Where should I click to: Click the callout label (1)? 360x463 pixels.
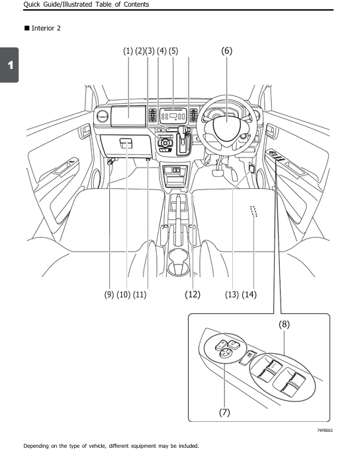point(128,51)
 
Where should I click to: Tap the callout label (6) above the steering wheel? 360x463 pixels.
point(226,51)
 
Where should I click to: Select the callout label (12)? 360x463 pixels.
point(193,294)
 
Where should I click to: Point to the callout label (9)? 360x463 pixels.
point(109,294)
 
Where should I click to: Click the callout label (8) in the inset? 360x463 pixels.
point(283,325)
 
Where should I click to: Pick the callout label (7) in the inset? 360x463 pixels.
point(224,412)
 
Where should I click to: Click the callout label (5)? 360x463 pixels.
point(173,51)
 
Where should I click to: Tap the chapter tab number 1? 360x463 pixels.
point(9,65)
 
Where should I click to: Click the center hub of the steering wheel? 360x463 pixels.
point(228,126)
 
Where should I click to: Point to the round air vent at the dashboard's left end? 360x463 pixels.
point(102,117)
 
